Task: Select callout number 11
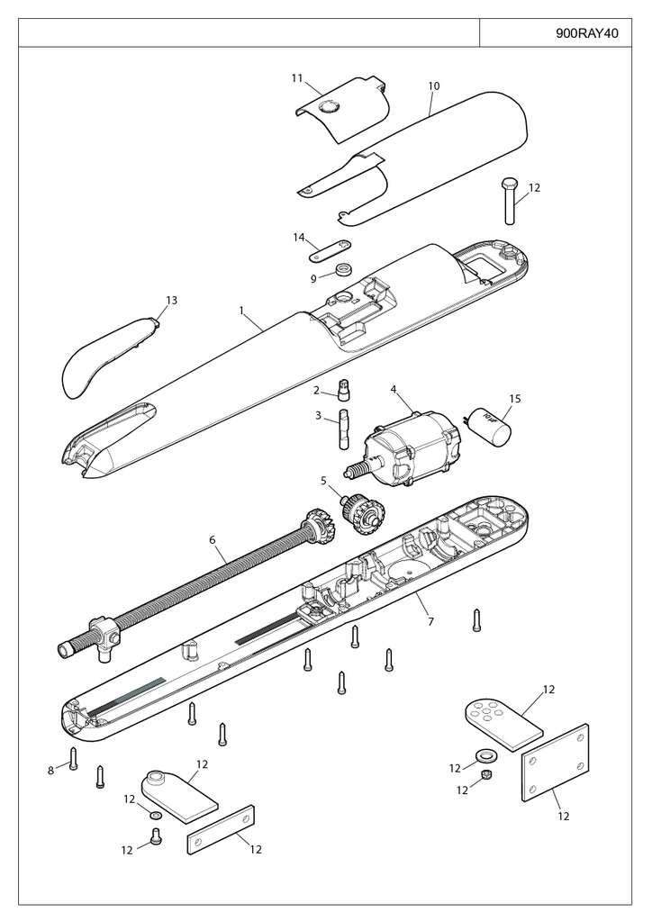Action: pos(296,78)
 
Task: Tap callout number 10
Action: pos(433,86)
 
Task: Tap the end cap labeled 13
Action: pos(104,356)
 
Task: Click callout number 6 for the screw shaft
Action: pos(213,540)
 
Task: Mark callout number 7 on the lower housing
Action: pos(430,622)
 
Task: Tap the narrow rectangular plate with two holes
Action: pos(221,830)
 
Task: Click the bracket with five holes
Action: pos(501,719)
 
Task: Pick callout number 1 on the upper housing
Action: pos(241,310)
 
